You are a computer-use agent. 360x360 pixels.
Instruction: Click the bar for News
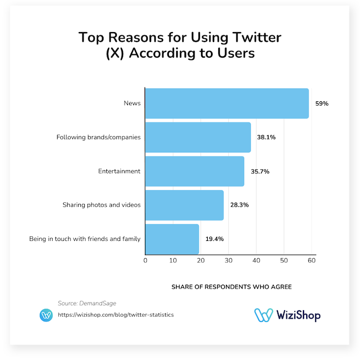click(x=227, y=104)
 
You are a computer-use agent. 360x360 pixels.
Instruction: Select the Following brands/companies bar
click(x=198, y=137)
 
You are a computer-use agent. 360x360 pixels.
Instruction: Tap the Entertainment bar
click(x=194, y=171)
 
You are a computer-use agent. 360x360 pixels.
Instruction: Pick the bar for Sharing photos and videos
click(x=184, y=205)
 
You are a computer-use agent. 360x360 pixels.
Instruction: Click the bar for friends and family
click(x=172, y=239)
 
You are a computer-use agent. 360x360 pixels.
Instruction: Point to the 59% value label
click(x=322, y=104)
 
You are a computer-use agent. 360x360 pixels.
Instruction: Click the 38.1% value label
click(x=265, y=137)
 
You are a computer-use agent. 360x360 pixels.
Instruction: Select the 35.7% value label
click(x=260, y=171)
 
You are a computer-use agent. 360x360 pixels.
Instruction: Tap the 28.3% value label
click(x=239, y=205)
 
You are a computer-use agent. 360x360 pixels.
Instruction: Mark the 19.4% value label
click(x=215, y=239)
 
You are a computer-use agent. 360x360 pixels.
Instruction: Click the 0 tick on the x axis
click(x=145, y=260)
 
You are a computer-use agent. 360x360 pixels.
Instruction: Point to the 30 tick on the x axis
click(x=228, y=260)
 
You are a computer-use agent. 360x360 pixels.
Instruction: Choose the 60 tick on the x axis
click(x=312, y=260)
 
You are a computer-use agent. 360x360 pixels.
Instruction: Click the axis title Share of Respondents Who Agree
click(x=231, y=287)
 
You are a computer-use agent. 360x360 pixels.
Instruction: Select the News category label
click(x=133, y=104)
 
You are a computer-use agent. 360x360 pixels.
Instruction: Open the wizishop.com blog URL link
click(x=115, y=315)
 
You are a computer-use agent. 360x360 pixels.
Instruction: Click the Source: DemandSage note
click(x=87, y=303)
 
